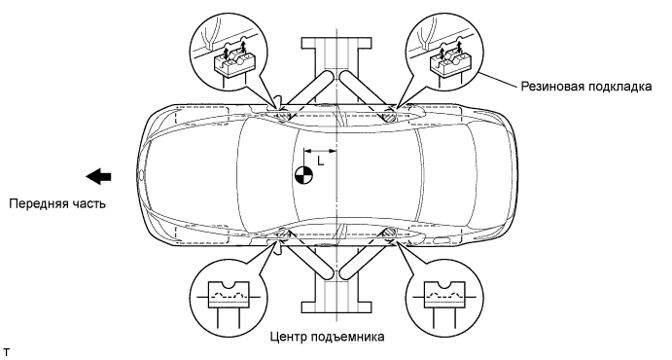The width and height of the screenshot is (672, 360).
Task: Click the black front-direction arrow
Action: [98, 176]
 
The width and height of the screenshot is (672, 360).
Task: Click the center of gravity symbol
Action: [303, 175]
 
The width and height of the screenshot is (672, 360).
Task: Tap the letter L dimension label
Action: [320, 162]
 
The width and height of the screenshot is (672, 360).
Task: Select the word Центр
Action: [286, 337]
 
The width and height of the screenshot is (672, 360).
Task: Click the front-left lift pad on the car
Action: [282, 234]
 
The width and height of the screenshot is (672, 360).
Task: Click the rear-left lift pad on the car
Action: [390, 234]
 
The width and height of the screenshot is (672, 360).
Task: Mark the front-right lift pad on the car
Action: [282, 115]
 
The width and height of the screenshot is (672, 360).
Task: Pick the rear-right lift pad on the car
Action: [390, 116]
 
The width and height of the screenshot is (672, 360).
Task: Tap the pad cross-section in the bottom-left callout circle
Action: [228, 295]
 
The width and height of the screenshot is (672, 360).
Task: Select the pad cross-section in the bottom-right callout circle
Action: [443, 295]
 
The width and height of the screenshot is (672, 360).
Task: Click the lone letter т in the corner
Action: [6, 353]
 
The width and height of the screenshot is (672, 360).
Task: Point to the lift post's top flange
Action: [336, 43]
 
